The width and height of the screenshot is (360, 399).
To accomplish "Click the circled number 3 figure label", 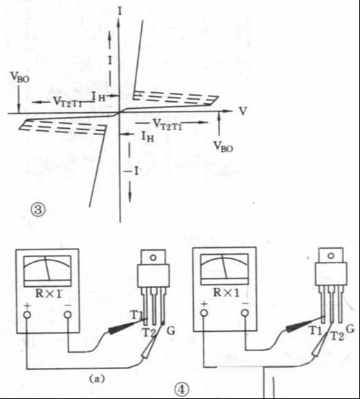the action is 38,210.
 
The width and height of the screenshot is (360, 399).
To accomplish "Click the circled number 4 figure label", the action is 181,390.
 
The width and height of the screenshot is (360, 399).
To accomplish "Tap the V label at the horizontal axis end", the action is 243,111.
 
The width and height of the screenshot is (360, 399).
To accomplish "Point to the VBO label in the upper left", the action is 19,77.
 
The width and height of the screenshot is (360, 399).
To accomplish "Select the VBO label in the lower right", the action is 223,147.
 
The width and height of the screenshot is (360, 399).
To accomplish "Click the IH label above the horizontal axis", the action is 98,96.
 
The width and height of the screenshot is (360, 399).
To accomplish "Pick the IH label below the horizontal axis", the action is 147,136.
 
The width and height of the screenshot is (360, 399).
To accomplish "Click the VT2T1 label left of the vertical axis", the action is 68,102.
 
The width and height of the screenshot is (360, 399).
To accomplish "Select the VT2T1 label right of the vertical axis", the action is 168,125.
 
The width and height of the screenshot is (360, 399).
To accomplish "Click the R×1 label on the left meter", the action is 48,294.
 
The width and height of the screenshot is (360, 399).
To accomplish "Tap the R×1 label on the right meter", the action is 226,292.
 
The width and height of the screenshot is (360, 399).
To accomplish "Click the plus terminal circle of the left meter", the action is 27,314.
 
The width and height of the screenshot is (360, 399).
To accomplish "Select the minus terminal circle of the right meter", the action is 245,312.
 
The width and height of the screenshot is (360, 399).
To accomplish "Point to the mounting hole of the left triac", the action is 153,258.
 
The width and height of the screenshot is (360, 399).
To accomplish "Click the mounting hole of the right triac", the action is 331,256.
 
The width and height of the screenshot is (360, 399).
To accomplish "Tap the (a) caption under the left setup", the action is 97,379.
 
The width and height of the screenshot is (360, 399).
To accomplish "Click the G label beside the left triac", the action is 170,331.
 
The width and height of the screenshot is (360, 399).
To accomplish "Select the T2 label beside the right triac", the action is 337,337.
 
